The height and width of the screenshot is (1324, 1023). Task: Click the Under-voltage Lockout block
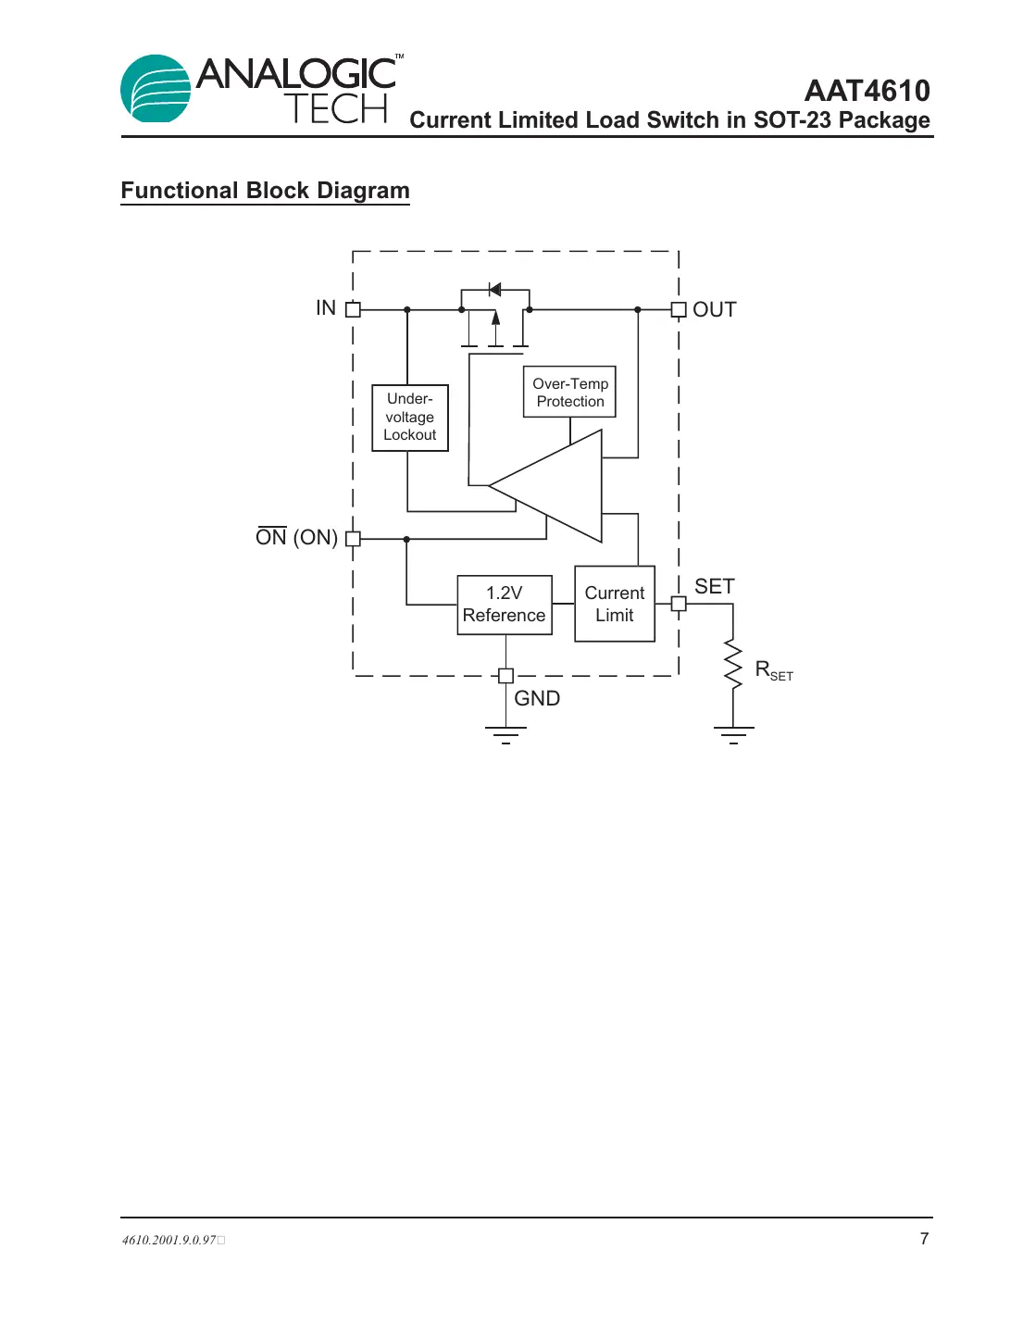pyautogui.click(x=409, y=418)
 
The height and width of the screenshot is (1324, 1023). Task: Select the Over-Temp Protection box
pyautogui.click(x=569, y=392)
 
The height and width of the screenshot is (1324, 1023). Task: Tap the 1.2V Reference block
pyautogui.click(x=505, y=605)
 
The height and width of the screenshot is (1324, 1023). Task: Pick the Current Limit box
pyautogui.click(x=615, y=604)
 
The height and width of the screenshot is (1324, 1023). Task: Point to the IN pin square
pyautogui.click(x=353, y=309)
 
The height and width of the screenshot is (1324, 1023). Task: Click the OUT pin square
pyautogui.click(x=679, y=309)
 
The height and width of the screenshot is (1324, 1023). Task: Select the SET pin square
pyautogui.click(x=679, y=604)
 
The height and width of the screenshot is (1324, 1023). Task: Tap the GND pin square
pyautogui.click(x=505, y=676)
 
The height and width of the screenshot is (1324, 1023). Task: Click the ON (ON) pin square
pyautogui.click(x=353, y=538)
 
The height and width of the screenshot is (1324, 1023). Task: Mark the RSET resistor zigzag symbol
pyautogui.click(x=733, y=663)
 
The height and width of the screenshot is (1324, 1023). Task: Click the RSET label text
pyautogui.click(x=774, y=670)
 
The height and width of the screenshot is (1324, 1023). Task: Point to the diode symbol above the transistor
pyautogui.click(x=494, y=290)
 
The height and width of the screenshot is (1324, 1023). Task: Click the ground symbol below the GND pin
pyautogui.click(x=505, y=734)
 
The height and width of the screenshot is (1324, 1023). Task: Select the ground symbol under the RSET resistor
pyautogui.click(x=733, y=734)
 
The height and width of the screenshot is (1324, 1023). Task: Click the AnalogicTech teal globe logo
pyautogui.click(x=156, y=89)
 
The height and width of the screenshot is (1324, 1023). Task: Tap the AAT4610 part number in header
pyautogui.click(x=867, y=91)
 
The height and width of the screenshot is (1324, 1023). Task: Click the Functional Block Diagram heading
pyautogui.click(x=265, y=191)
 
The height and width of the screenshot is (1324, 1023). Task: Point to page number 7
pyautogui.click(x=924, y=1239)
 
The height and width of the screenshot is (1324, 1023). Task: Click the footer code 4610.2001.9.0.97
pyautogui.click(x=169, y=1240)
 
